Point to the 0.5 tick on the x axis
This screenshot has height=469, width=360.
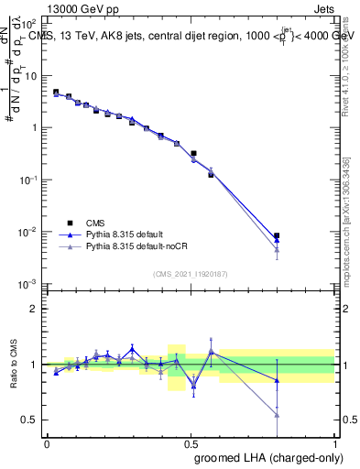(191, 442)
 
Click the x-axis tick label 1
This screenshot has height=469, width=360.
(334, 442)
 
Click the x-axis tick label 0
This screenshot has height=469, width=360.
(47, 442)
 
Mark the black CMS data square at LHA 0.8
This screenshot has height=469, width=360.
(277, 235)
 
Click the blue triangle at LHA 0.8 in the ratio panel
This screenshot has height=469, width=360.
(277, 380)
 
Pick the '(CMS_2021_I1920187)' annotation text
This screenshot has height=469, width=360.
(191, 274)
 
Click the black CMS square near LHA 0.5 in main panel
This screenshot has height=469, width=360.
(193, 154)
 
